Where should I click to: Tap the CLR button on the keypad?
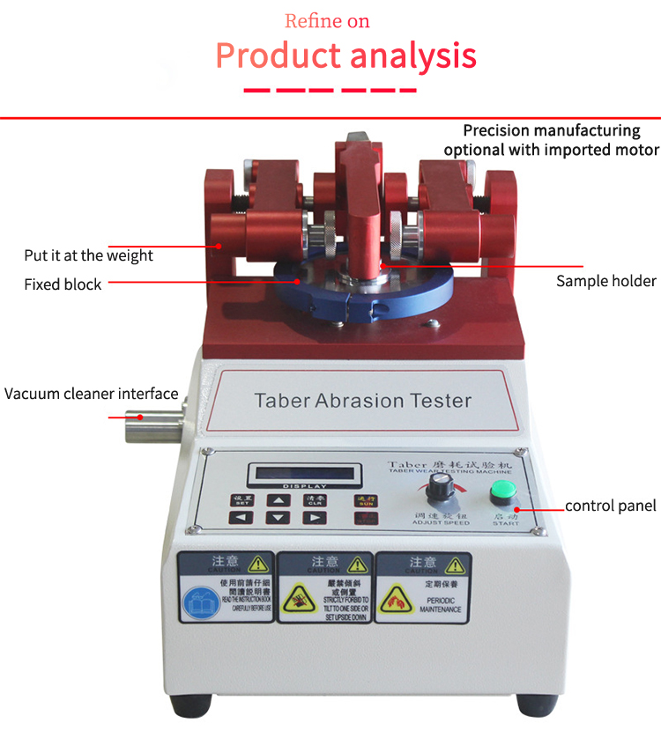point(314,499)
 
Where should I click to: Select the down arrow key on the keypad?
point(278,517)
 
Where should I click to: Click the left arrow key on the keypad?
point(241,517)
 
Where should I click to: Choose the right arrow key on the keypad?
point(314,517)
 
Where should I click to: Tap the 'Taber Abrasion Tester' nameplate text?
point(362,401)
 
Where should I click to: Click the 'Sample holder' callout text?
point(605,281)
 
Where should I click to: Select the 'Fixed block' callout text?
point(63,284)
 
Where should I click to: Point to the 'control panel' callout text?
point(610,506)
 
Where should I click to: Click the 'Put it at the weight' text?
point(88,255)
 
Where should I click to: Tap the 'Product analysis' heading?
point(345,55)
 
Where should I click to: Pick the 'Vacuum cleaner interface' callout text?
point(92,394)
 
